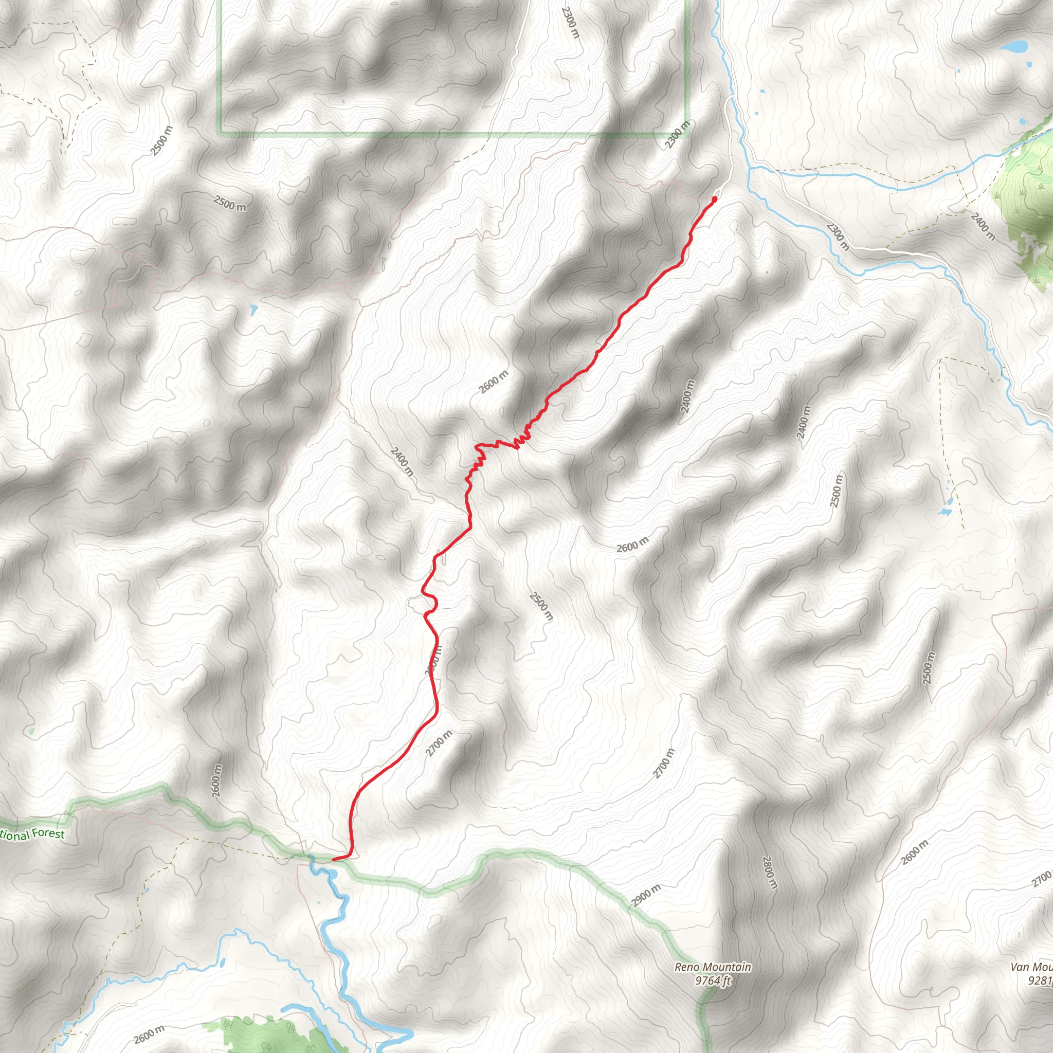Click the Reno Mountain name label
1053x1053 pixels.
[712, 968]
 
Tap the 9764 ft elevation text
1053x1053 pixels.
[712, 981]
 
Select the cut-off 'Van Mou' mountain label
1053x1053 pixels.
[1031, 968]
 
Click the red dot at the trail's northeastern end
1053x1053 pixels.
[715, 199]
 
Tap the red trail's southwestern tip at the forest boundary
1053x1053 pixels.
[334, 860]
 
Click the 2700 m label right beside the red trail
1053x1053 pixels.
[439, 744]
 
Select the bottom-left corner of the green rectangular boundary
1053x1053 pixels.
[220, 133]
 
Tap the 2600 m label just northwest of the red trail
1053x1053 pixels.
[494, 382]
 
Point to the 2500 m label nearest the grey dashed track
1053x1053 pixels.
[162, 140]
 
